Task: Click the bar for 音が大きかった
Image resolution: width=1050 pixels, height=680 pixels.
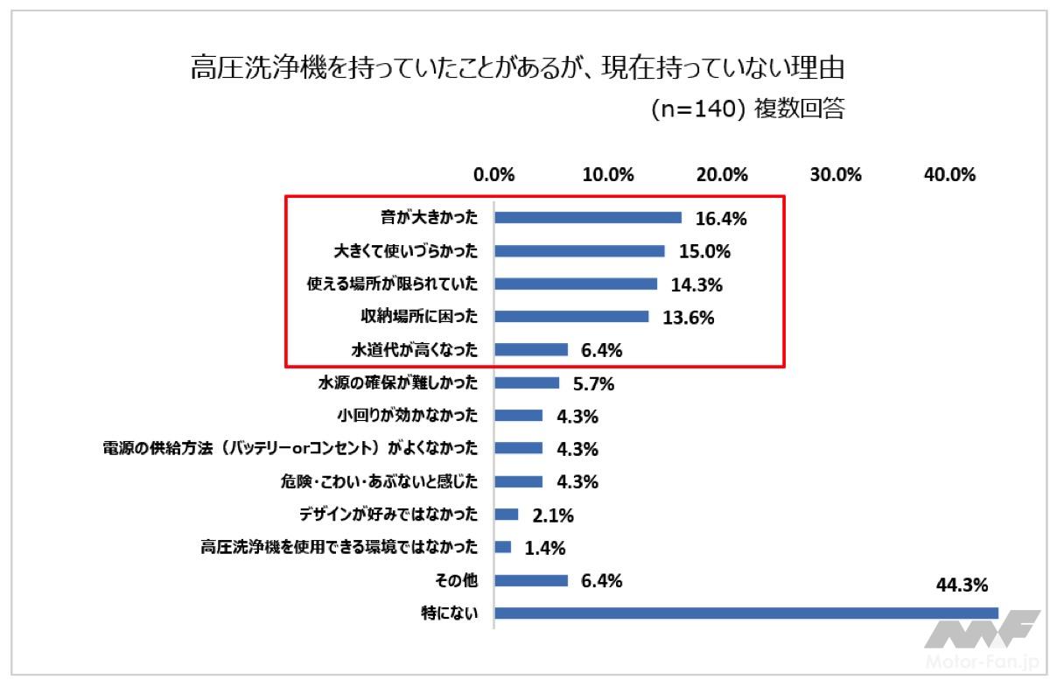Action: tap(588, 218)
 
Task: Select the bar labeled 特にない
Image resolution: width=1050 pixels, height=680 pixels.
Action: tap(746, 613)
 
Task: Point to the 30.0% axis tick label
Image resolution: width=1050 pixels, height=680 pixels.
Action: tap(836, 174)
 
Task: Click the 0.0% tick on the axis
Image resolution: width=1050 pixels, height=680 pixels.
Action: tap(494, 174)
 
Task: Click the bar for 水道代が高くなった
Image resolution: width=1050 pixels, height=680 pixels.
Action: tap(531, 350)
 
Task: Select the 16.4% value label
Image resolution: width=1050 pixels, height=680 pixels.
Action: tap(721, 219)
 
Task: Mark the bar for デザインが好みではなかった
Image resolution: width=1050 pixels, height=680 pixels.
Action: tap(507, 515)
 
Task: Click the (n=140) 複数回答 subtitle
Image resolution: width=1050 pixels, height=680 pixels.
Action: tap(748, 111)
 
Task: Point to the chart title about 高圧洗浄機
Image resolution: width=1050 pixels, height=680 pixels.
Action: tap(522, 68)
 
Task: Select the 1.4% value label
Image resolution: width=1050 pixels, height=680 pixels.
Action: tap(545, 548)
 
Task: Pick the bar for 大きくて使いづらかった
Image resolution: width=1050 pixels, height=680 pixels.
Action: tap(579, 251)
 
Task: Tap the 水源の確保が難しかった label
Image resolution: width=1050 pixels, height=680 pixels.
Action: tap(398, 382)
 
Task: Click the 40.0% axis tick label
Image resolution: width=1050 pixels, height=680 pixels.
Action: tap(949, 174)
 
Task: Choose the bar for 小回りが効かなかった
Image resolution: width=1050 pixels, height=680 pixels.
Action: tap(518, 416)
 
